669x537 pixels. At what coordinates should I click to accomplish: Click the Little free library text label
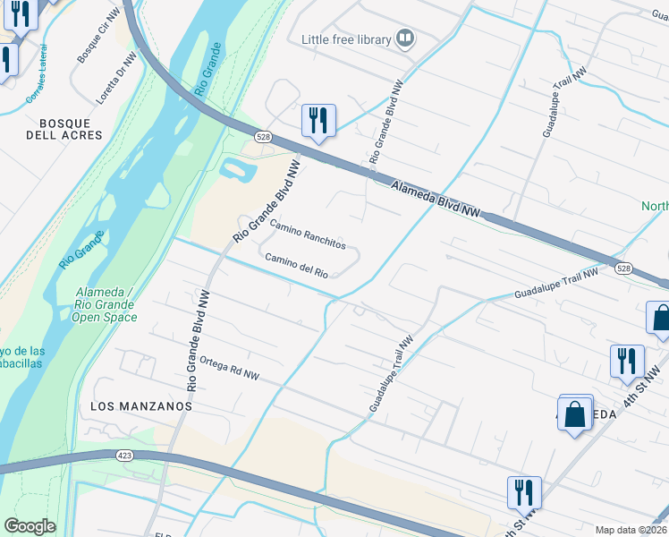pyautogui.click(x=346, y=39)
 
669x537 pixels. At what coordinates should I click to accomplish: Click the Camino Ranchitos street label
pyautogui.click(x=307, y=237)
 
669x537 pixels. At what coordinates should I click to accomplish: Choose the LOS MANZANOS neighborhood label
pyautogui.click(x=141, y=405)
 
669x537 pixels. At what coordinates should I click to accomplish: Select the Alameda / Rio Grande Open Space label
pyautogui.click(x=103, y=304)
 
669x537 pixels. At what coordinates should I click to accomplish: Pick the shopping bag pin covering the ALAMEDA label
pyautogui.click(x=575, y=413)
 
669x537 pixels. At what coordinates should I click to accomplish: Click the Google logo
pyautogui.click(x=30, y=526)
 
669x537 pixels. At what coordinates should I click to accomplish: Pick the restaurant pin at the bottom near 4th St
pyautogui.click(x=523, y=491)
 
